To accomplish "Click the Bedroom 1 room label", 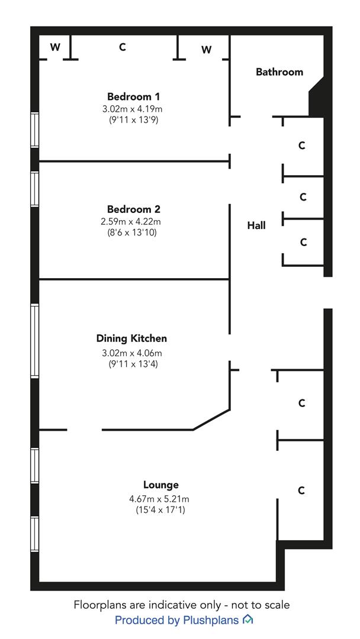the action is pyautogui.click(x=133, y=96).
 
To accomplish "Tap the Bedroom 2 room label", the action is pyautogui.click(x=133, y=209).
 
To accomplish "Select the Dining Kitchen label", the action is pyautogui.click(x=131, y=338).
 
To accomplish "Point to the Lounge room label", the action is pyautogui.click(x=160, y=485).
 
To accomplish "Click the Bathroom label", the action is pyautogui.click(x=279, y=72).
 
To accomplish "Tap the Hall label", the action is pyautogui.click(x=256, y=225).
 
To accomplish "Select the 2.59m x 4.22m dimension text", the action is pyautogui.click(x=134, y=222).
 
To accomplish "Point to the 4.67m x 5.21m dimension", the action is pyautogui.click(x=160, y=498).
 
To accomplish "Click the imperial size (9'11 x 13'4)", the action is pyautogui.click(x=132, y=363).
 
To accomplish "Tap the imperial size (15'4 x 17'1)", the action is pyautogui.click(x=160, y=509).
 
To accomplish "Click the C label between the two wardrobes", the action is pyautogui.click(x=123, y=47).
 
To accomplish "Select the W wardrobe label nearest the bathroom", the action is pyautogui.click(x=207, y=50).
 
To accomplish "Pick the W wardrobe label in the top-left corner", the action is pyautogui.click(x=55, y=47).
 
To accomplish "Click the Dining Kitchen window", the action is pyautogui.click(x=35, y=341).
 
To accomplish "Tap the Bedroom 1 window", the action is pyautogui.click(x=35, y=130).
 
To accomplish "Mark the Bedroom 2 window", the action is pyautogui.click(x=35, y=189).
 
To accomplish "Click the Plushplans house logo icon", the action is pyautogui.click(x=247, y=620).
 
